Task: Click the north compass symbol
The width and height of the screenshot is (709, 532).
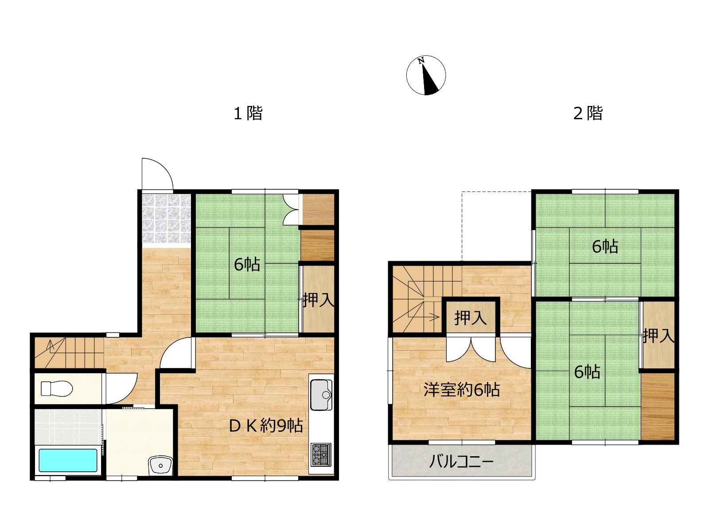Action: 426,75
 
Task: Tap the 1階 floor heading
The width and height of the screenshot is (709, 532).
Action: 248,113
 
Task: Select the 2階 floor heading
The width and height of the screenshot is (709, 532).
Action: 588,113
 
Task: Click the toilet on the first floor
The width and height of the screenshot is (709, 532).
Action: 57,389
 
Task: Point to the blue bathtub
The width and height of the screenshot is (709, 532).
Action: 68,460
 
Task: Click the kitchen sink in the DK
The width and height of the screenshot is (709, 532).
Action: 321,395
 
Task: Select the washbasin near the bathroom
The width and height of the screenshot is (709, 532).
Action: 160,465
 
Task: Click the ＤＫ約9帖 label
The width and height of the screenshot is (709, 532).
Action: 266,426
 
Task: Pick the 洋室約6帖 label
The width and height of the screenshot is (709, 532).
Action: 462,390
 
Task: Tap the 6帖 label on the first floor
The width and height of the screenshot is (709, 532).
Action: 247,265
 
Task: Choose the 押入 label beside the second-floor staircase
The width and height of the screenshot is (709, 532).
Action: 470,318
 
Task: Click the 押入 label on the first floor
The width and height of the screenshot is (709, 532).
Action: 319,300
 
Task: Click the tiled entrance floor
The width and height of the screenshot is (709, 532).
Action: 167,219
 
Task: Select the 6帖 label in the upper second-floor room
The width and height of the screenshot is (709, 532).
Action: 605,247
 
